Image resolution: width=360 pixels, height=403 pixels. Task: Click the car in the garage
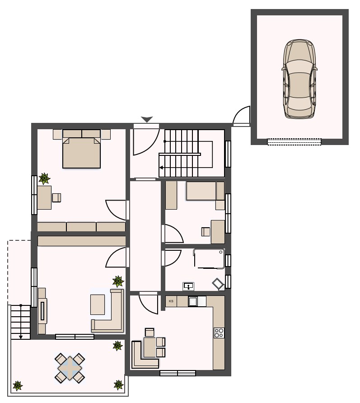(x=299, y=79)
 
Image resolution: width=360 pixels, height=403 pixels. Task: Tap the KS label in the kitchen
(x=171, y=301)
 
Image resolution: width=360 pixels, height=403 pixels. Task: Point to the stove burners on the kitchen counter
(x=219, y=333)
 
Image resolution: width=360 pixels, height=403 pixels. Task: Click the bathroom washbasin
(x=189, y=286)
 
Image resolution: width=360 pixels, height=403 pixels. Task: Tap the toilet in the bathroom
(x=218, y=284)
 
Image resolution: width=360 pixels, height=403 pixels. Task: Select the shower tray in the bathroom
(x=209, y=258)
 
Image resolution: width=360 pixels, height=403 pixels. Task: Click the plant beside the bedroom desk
(x=44, y=178)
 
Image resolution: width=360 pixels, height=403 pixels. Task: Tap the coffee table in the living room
(x=98, y=305)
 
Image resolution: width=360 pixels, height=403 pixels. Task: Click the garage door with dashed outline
(x=294, y=141)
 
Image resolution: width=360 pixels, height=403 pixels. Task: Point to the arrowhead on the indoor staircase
(x=161, y=168)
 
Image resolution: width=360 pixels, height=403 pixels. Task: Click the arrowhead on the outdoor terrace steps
(x=21, y=337)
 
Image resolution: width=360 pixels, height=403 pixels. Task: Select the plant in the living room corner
(x=118, y=281)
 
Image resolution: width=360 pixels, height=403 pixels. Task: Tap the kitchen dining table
(x=150, y=347)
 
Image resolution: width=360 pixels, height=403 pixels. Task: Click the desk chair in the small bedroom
(x=206, y=232)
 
